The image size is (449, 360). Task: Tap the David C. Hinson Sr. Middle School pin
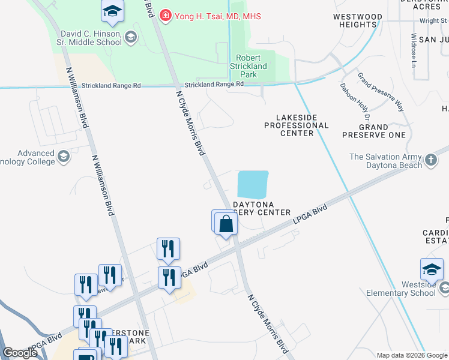click(130, 38)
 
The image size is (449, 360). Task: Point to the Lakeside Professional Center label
click(297, 125)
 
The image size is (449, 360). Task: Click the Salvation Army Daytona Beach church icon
click(430, 160)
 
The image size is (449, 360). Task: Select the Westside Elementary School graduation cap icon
click(431, 270)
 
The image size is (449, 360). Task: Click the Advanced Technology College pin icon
click(63, 157)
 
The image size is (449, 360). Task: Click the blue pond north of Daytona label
click(253, 184)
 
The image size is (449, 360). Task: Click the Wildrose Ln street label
click(414, 49)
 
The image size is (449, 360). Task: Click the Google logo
click(20, 353)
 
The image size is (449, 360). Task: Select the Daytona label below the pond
click(253, 204)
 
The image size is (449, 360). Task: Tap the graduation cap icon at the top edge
click(112, 11)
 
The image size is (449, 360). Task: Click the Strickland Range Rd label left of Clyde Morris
click(111, 86)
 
